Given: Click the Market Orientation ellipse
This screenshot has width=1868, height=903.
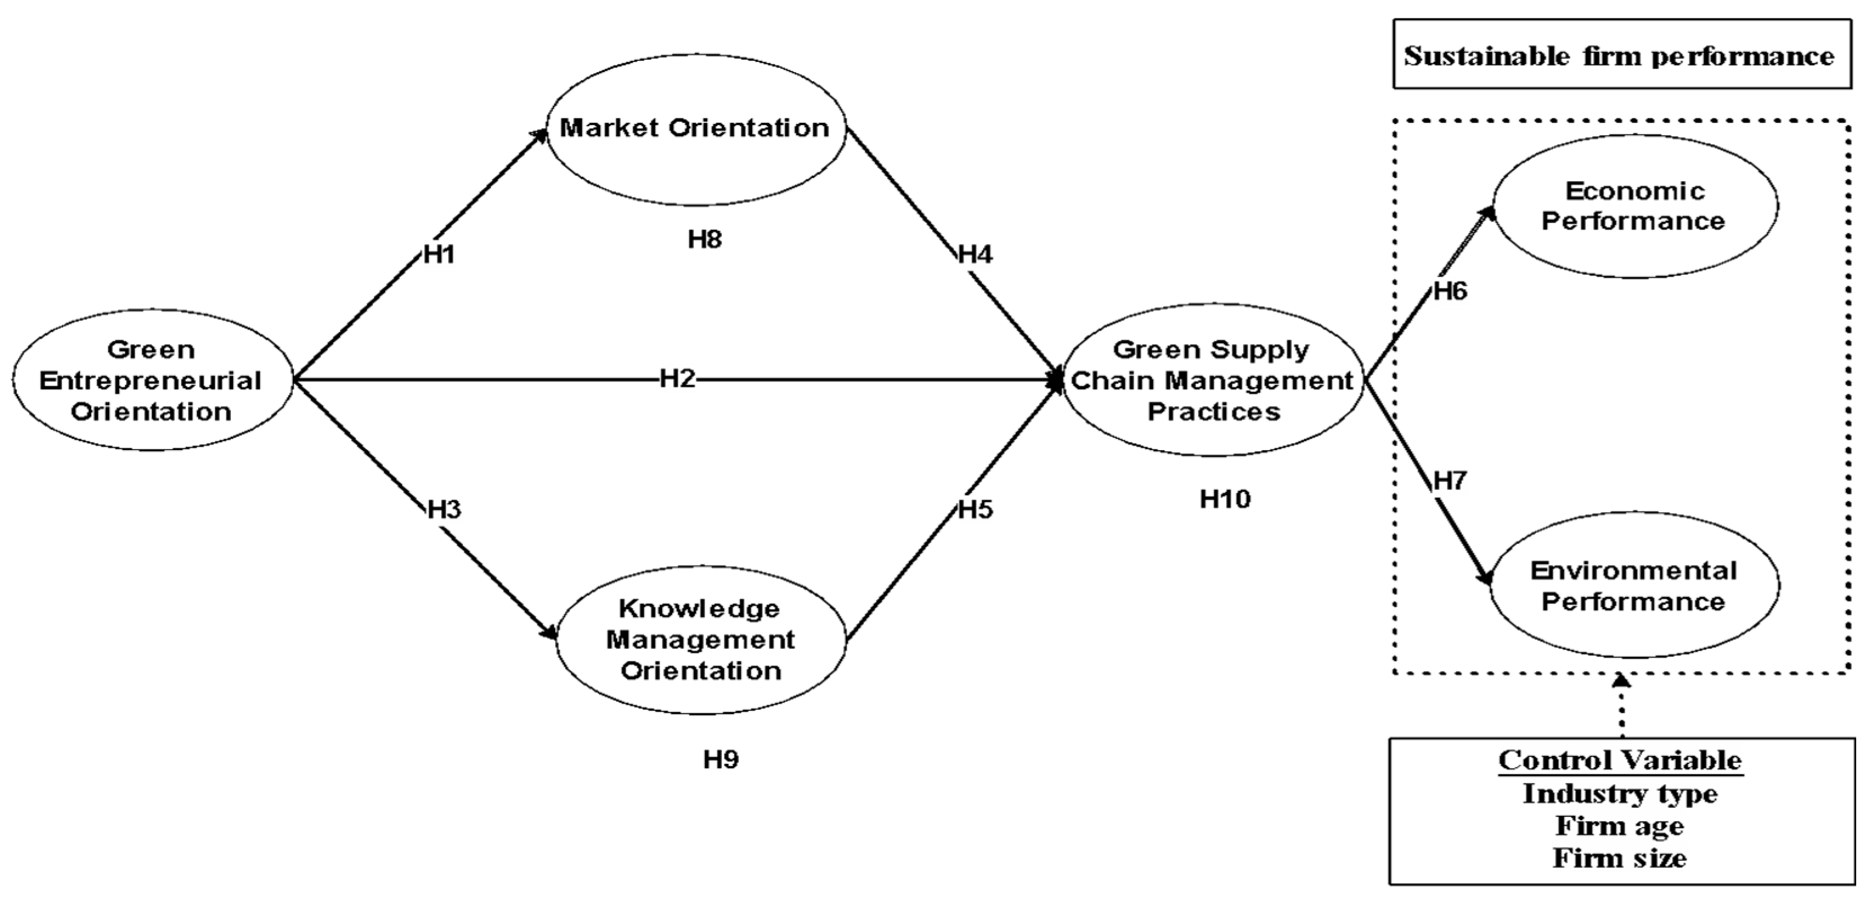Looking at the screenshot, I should (695, 129).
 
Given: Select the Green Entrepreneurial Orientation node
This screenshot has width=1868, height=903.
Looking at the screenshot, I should (151, 380).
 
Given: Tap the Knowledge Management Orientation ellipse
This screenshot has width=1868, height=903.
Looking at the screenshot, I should (700, 640).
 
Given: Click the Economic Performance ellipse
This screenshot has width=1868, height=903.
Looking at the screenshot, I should (1634, 206).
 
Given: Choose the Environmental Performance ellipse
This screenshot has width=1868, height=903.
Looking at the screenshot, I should (1634, 586).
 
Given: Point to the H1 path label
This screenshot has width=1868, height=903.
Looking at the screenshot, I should (439, 255).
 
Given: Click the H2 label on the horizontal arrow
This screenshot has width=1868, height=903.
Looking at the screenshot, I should (677, 379).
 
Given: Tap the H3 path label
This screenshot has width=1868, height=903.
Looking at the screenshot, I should (444, 510).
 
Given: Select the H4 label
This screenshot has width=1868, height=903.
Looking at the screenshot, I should (975, 255).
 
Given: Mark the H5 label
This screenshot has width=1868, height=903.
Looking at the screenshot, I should (975, 510).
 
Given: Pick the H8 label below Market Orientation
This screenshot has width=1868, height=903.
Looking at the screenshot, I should (705, 239).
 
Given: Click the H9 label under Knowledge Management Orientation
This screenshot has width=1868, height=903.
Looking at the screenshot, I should (721, 759).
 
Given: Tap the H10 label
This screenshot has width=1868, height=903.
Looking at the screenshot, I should (1226, 499).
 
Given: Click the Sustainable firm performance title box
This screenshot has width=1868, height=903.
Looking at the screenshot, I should (1621, 56).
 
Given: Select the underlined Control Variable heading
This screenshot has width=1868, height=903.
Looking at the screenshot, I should (1620, 760).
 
